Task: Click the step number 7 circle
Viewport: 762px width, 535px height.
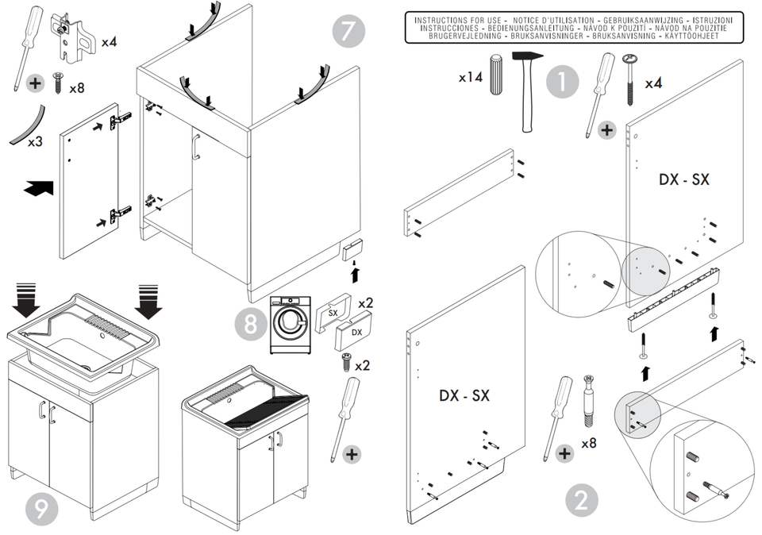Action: (348, 31)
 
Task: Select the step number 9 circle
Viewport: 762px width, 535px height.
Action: (42, 509)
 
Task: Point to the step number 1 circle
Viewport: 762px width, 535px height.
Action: (562, 82)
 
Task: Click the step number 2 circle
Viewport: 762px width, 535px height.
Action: (582, 501)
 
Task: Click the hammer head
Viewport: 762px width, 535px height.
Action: (527, 56)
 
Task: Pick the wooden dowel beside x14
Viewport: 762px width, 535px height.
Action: (496, 75)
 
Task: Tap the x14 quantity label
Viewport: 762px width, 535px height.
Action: (471, 77)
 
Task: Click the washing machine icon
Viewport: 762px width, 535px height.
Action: (291, 325)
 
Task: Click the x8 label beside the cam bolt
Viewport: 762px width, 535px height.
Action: (588, 443)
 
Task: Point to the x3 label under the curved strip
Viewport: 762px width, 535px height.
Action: (35, 142)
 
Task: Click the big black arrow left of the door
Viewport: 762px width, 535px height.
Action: (39, 188)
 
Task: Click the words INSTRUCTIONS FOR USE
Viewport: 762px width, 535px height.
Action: (457, 21)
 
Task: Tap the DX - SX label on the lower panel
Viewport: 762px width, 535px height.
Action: (464, 395)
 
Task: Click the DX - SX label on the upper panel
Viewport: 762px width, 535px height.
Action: (683, 179)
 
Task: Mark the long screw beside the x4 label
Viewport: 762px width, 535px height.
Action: (630, 80)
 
